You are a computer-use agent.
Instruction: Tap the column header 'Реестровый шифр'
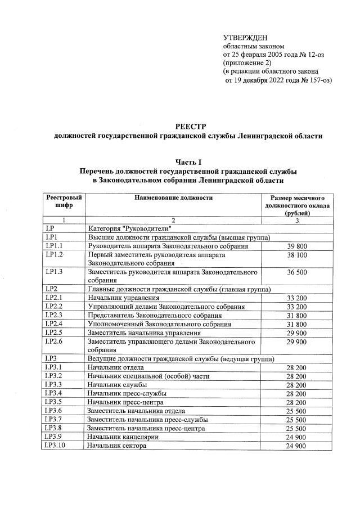coord(64,203)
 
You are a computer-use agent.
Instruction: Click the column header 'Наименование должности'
coord(173,199)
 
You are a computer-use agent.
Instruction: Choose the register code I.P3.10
coord(58,446)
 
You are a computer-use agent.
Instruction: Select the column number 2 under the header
coord(173,220)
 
